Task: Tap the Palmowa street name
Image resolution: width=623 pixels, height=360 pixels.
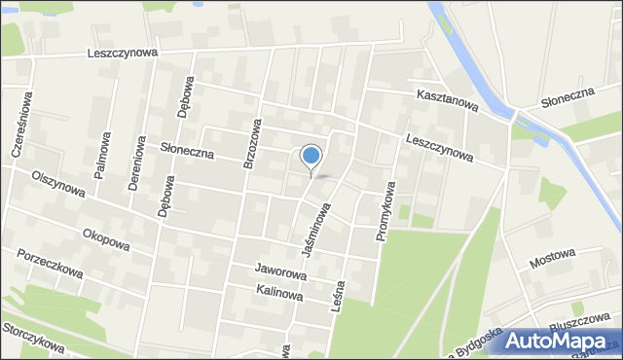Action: coord(100,155)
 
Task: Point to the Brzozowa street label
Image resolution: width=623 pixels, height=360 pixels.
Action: coord(252,145)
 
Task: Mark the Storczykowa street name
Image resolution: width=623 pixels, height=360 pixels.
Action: coord(34,338)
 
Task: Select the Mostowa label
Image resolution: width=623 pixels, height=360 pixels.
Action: coord(554,261)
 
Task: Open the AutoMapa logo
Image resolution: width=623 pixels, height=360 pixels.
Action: coord(560,341)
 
